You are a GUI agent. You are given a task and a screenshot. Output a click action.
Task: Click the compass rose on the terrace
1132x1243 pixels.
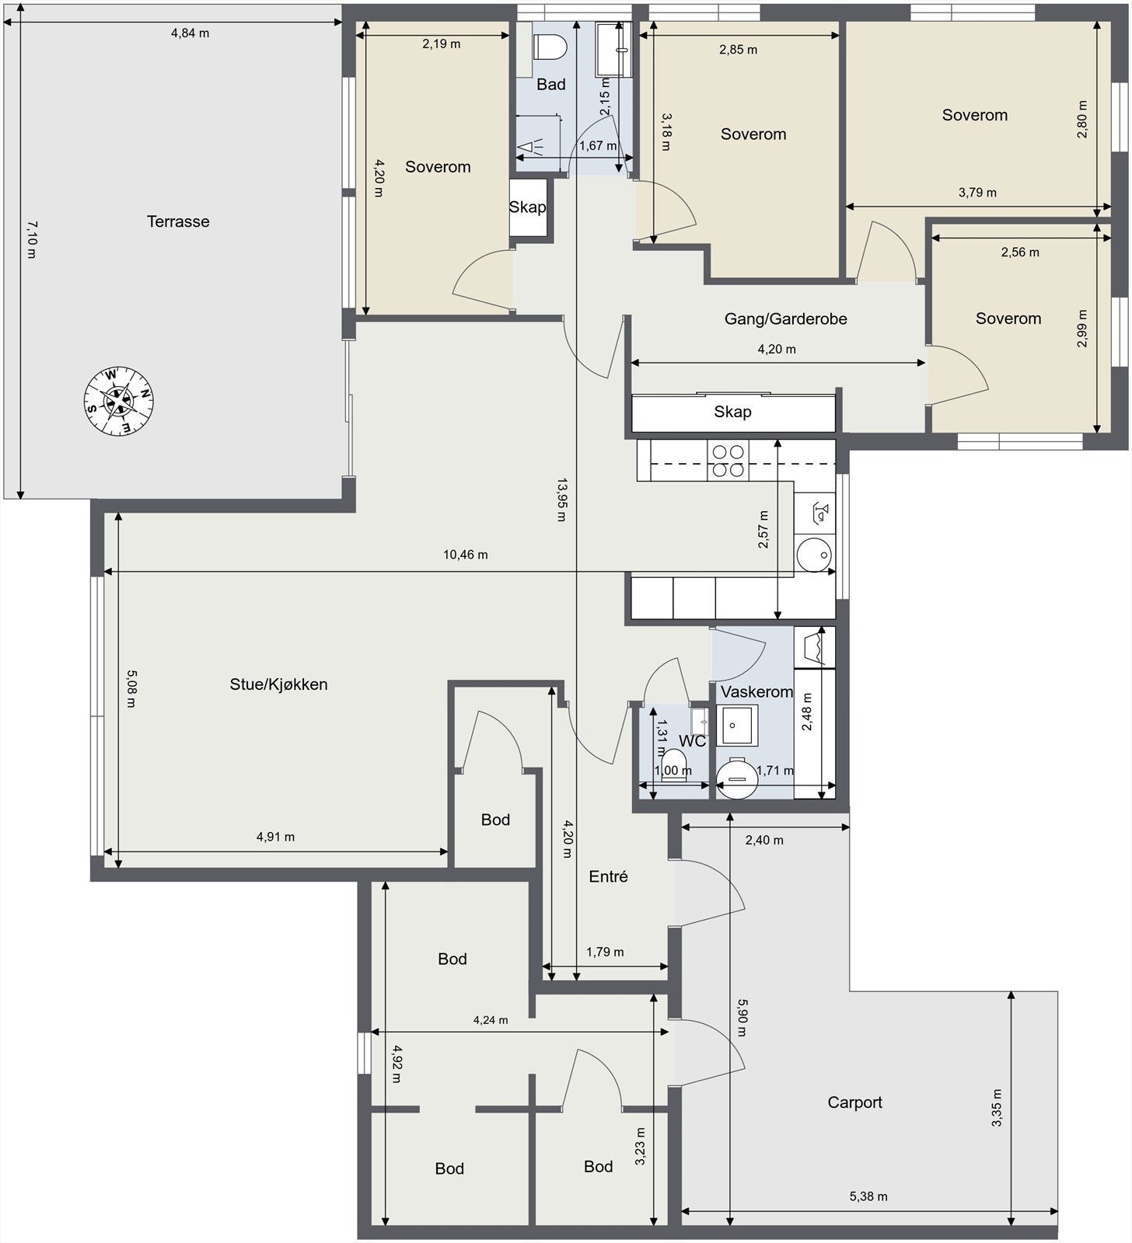[118, 401]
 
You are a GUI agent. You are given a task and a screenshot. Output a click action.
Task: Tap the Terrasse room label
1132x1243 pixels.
[178, 221]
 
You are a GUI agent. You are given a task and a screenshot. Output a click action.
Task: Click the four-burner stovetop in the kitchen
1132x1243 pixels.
[728, 460]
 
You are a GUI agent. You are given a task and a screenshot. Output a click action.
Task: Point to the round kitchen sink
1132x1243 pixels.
[814, 554]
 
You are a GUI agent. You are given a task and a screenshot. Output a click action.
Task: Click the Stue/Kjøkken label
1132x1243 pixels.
[278, 684]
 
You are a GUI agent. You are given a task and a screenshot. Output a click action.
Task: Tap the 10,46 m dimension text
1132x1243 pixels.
[466, 555]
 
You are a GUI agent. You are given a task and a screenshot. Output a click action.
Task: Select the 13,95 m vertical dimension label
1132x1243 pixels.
[561, 500]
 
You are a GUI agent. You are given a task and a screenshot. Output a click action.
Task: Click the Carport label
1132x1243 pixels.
[854, 1102]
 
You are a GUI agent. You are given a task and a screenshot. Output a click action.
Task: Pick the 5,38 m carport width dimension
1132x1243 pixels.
[868, 1196]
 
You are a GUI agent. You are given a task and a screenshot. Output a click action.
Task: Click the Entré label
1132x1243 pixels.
[608, 876]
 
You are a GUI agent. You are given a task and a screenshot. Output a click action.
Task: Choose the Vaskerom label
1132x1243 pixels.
[756, 691]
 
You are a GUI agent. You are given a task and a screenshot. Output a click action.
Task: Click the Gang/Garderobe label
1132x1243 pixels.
[785, 319]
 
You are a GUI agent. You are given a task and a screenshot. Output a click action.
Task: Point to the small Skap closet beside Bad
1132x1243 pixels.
[528, 207]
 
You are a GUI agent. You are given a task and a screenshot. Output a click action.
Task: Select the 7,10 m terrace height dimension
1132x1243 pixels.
[31, 239]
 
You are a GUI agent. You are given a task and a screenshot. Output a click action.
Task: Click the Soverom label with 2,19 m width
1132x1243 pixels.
[438, 167]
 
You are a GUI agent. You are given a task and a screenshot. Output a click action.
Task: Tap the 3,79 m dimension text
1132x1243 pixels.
[977, 193]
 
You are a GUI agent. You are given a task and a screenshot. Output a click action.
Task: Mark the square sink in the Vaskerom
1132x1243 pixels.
[736, 726]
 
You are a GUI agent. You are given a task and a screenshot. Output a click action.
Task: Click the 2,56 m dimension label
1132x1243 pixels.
[1020, 252]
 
